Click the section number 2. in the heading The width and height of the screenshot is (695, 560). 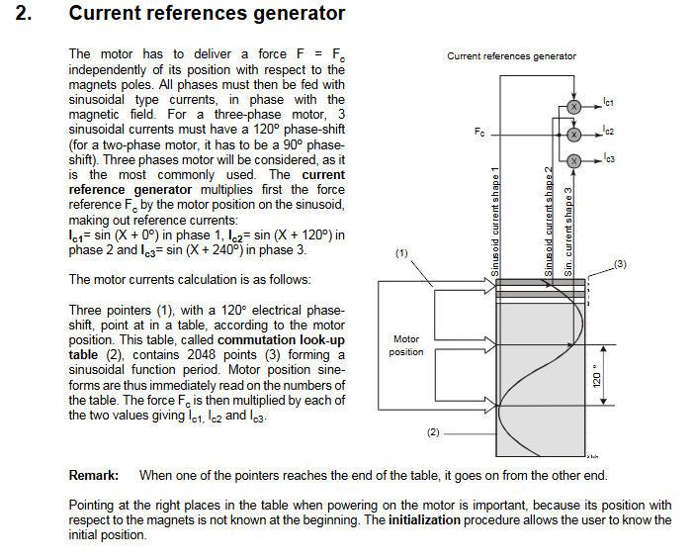(24, 13)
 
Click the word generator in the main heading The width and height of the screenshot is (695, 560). (300, 13)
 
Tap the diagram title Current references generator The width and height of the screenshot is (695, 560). (511, 56)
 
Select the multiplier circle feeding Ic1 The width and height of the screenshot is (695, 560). (574, 107)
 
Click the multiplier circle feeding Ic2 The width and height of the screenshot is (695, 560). (574, 135)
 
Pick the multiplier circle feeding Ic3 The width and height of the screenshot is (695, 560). (574, 161)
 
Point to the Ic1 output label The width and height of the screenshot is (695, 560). (609, 102)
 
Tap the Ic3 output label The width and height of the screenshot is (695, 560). (609, 157)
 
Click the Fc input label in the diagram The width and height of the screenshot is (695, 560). (479, 132)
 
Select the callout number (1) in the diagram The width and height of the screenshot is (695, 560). (401, 253)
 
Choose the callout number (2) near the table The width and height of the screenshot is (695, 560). (433, 432)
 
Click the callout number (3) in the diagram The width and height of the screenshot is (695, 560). (620, 264)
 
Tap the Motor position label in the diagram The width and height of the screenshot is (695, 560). (406, 345)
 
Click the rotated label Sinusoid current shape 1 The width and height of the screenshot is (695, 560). (495, 222)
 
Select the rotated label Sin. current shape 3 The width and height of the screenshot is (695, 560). (568, 232)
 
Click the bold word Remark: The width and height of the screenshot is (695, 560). (94, 475)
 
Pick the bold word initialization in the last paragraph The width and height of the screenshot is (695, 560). (425, 519)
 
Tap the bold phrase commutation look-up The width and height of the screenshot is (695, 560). (281, 340)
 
